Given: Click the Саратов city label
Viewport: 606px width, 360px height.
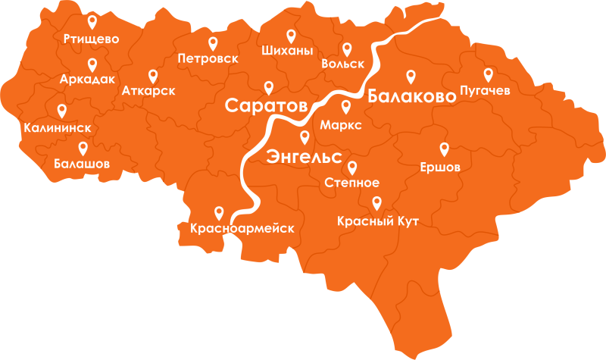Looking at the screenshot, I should [265, 105].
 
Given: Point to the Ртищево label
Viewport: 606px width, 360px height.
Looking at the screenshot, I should [92, 39].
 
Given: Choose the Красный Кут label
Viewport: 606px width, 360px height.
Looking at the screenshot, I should [376, 221].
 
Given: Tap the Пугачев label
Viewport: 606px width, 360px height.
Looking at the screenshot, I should [485, 91].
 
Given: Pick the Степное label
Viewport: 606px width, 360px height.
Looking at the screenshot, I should [351, 183].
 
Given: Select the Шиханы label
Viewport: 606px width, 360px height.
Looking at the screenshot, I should [286, 52].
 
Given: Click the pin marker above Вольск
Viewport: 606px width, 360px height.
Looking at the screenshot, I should [348, 49].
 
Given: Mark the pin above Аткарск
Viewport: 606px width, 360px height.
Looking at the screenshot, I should [153, 76].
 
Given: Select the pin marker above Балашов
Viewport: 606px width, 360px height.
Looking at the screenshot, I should [83, 148].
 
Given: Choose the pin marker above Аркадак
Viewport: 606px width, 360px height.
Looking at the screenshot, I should [92, 64].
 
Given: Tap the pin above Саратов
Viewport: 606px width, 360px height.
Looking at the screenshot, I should [268, 87].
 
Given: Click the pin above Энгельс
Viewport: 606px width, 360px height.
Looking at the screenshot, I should [305, 137].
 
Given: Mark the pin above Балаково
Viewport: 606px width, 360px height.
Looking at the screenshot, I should [411, 77].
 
